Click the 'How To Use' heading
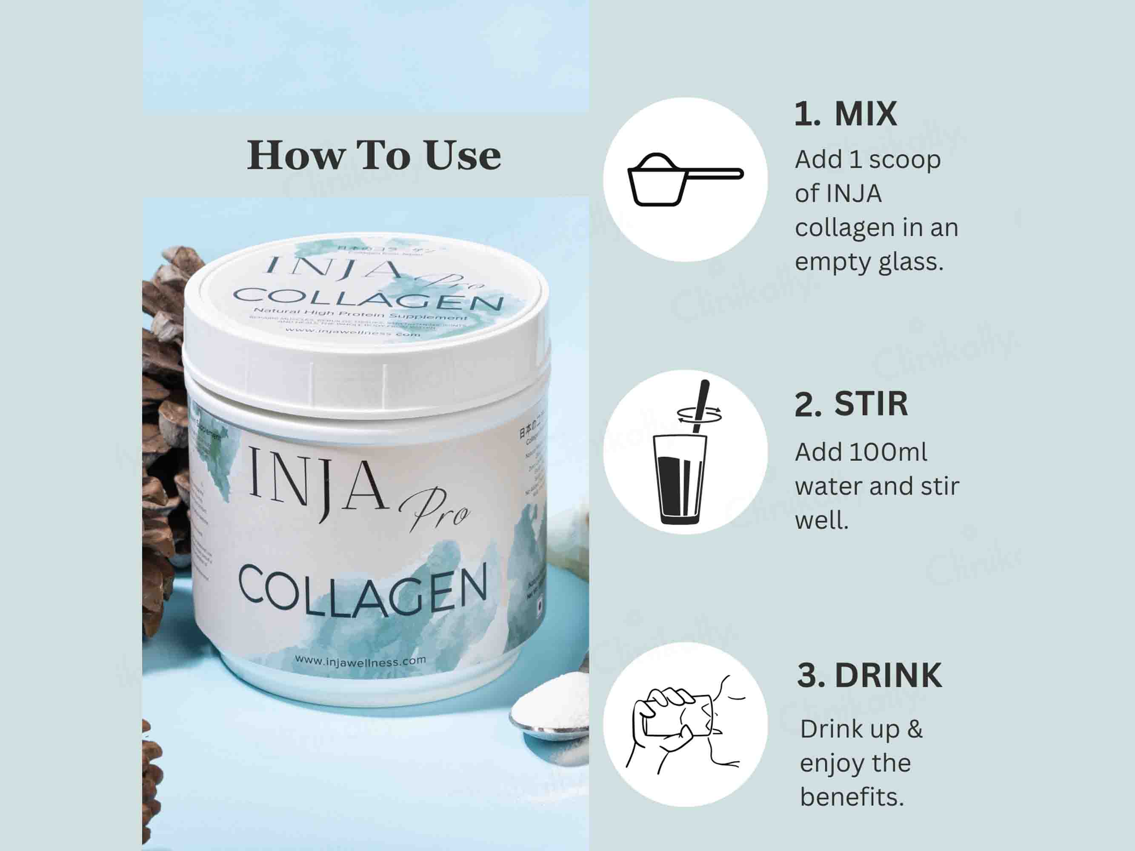(374, 155)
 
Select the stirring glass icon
(680, 477)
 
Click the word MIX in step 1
(866, 114)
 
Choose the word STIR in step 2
(871, 404)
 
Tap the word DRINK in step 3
(888, 676)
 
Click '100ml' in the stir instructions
(888, 452)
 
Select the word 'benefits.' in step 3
(852, 797)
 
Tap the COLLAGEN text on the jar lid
(367, 299)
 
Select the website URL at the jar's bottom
(360, 661)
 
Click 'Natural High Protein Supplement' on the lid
(360, 314)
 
